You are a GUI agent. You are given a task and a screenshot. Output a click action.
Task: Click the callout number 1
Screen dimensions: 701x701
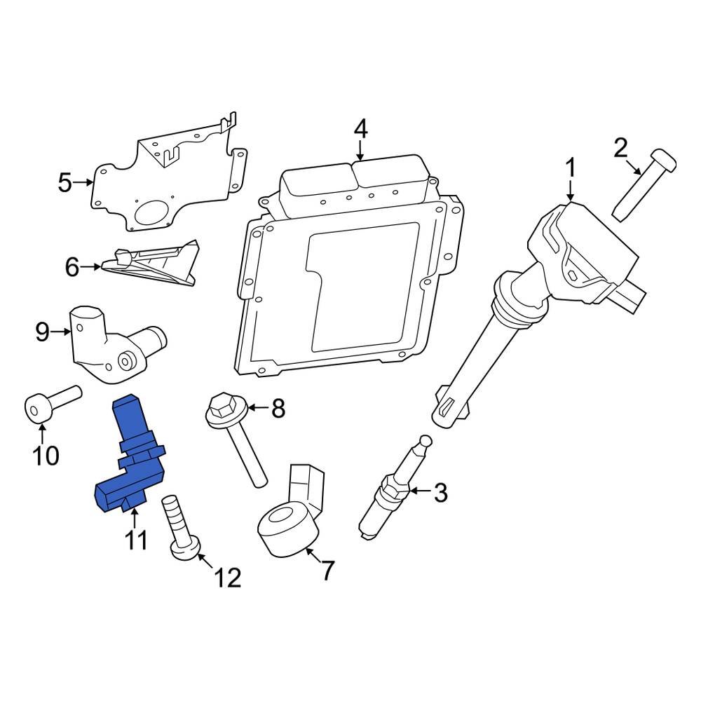tap(571, 168)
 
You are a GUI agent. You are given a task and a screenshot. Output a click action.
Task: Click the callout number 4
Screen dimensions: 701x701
tap(360, 130)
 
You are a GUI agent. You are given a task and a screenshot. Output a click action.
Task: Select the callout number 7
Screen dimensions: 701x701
tap(327, 571)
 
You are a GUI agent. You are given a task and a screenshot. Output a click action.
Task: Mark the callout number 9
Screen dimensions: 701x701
tap(42, 332)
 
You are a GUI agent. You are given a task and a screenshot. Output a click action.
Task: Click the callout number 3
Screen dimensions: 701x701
tap(440, 493)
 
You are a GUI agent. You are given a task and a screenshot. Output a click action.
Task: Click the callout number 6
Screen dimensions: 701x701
tap(72, 267)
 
